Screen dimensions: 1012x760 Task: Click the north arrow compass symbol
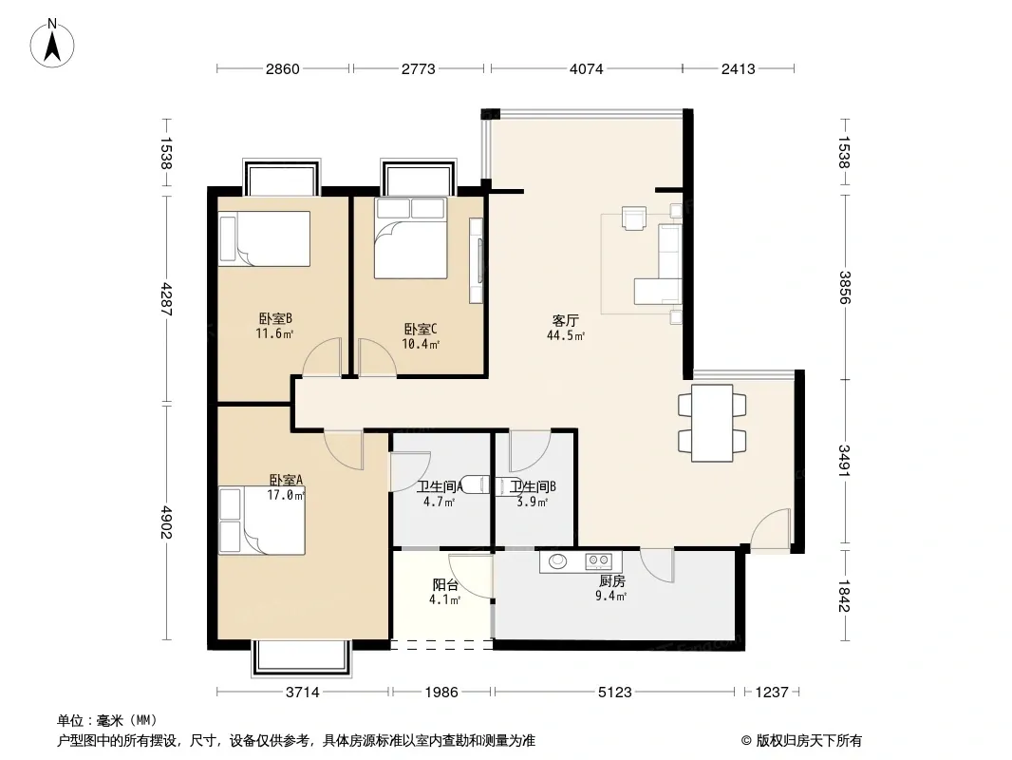52,43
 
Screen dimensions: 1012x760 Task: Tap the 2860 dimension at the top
283,68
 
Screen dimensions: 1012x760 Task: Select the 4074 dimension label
586,68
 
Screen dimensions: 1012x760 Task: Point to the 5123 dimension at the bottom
614,693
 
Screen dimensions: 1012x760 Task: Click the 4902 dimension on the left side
166,522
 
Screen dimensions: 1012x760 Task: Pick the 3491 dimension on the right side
844,461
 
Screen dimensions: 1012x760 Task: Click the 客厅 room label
566,321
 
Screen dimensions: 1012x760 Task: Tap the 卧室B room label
275,318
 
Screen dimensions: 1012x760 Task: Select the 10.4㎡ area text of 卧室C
421,344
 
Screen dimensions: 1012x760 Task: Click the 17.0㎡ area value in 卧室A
286,495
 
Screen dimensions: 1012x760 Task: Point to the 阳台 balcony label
445,585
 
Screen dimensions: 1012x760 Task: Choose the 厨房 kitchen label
611,581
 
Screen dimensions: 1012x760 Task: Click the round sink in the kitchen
557,561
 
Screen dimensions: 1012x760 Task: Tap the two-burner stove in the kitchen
599,561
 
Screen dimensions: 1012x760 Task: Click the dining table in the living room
712,423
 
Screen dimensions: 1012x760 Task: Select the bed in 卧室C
411,238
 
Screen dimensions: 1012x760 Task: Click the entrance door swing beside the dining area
771,529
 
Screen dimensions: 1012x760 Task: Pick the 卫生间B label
534,486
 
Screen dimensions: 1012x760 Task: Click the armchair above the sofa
634,218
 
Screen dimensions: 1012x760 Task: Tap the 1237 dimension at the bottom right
772,693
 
